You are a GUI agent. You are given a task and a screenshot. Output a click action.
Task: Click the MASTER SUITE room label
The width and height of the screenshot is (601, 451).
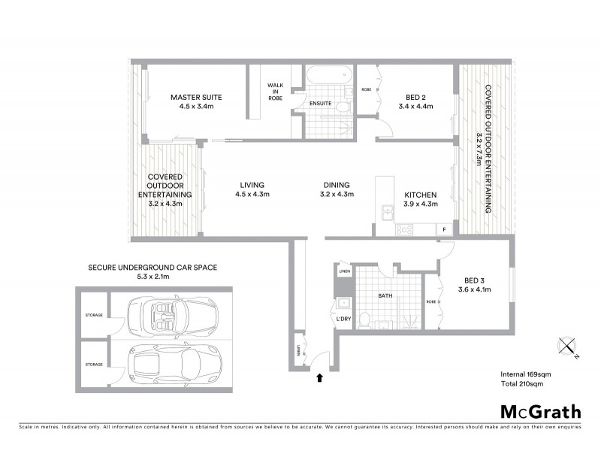[196, 97]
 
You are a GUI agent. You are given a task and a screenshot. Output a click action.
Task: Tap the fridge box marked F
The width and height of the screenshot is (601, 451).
[445, 228]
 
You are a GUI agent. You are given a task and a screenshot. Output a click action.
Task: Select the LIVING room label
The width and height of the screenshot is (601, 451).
[252, 185]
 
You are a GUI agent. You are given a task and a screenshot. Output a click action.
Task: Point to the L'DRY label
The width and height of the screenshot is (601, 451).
[345, 319]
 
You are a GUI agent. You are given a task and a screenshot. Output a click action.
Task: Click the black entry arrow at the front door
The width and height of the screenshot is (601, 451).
[321, 378]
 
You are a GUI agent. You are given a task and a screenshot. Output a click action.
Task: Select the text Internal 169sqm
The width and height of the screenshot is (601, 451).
[527, 374]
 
